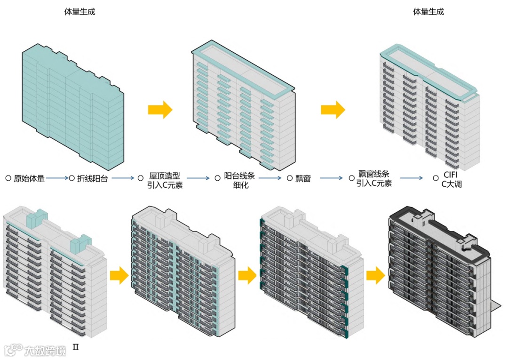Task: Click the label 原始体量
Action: (x=29, y=178)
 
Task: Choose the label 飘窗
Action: (x=303, y=178)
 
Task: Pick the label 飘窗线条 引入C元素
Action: (x=374, y=178)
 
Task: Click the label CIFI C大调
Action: (x=451, y=180)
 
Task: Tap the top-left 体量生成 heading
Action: (x=80, y=12)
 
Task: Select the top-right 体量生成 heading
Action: (x=429, y=12)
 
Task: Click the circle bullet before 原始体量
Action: (x=8, y=178)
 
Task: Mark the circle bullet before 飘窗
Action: (x=290, y=178)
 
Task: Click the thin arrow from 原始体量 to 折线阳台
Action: (x=57, y=178)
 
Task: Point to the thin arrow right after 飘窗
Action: (x=330, y=178)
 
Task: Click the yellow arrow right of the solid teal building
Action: (x=160, y=110)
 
